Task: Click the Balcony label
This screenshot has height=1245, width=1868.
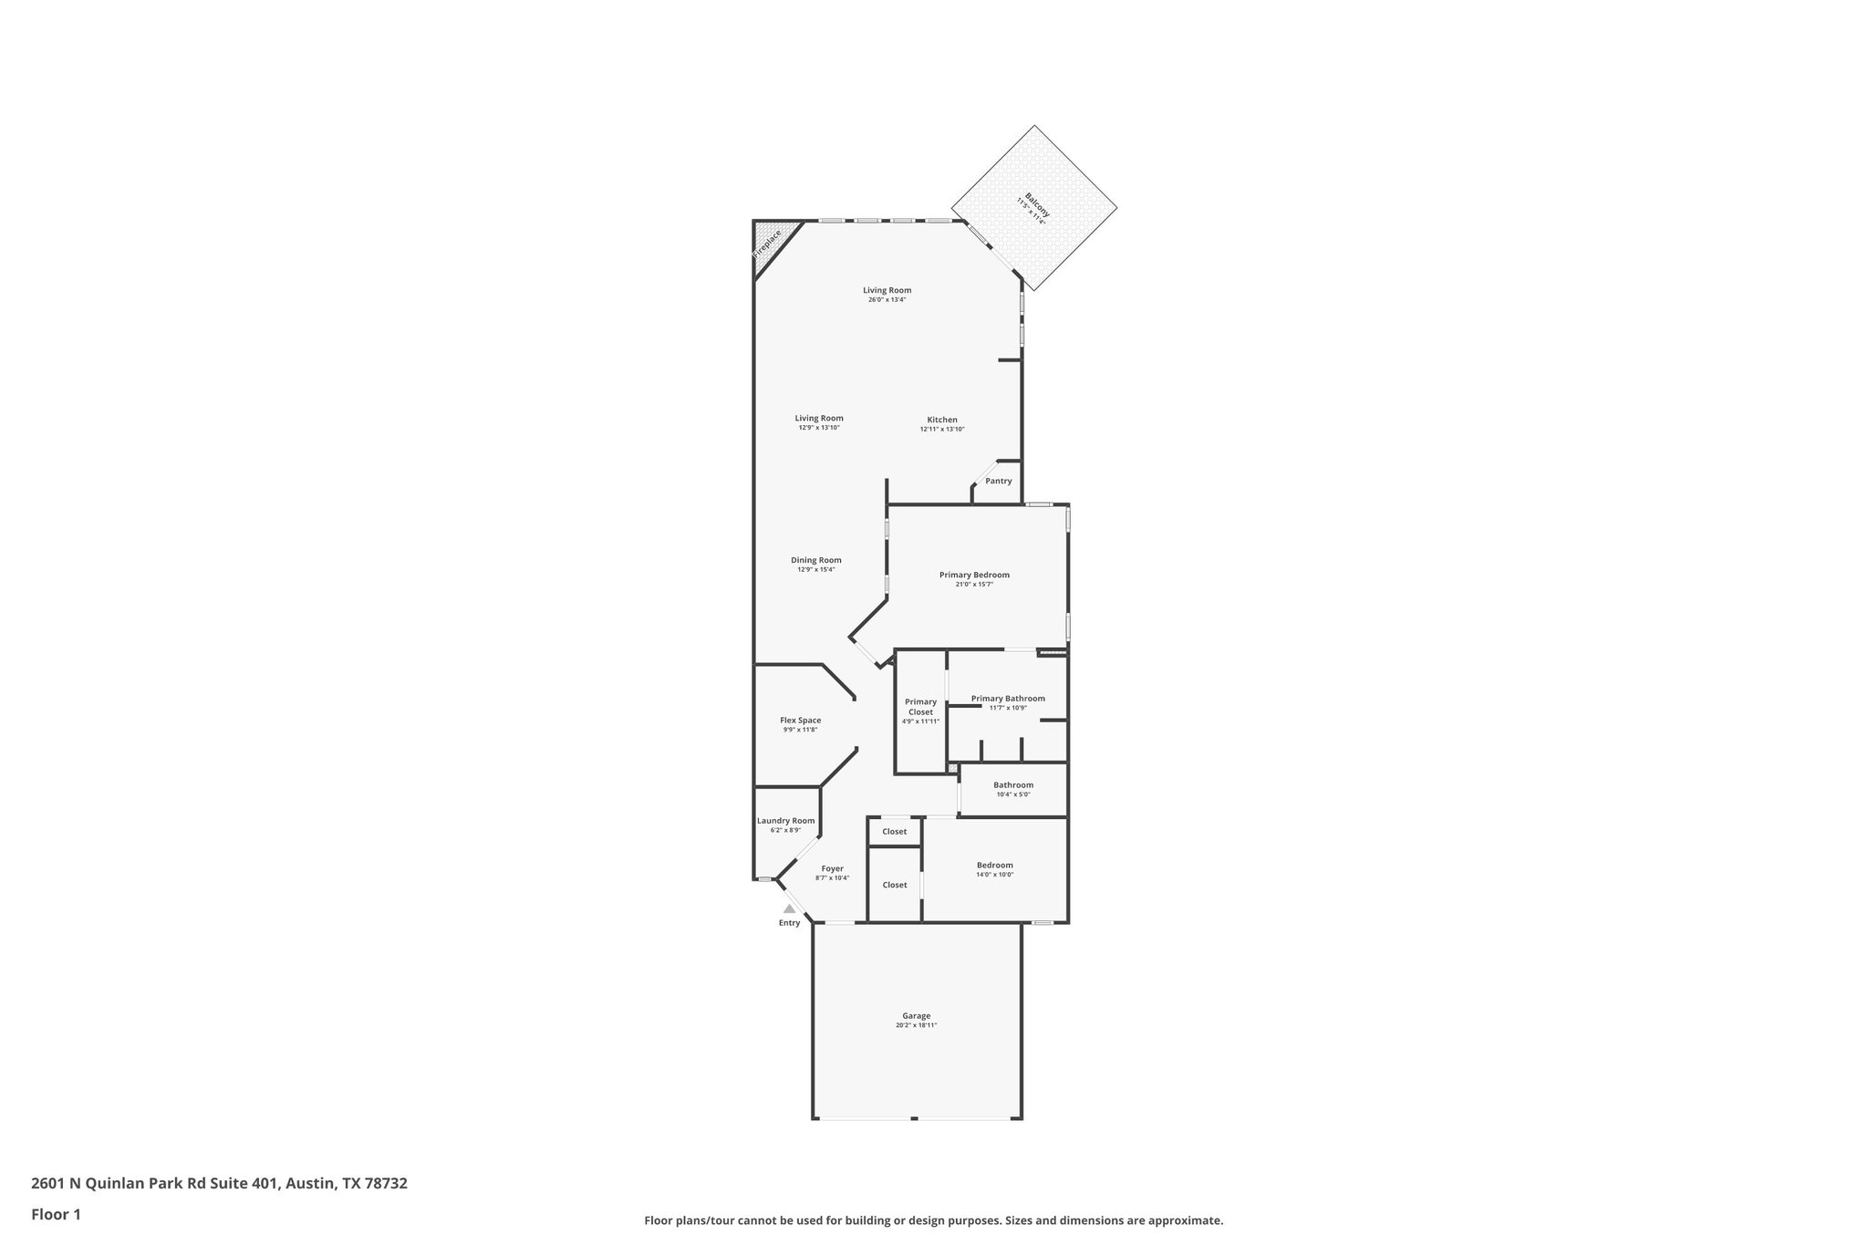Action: tap(1037, 204)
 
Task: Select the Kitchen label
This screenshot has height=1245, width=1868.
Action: tap(942, 420)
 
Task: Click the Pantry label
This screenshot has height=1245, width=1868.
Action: tap(998, 481)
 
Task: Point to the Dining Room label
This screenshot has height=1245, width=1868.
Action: tap(815, 560)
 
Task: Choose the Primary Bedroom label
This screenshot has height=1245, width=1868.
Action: tap(974, 575)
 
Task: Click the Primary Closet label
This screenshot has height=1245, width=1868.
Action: tap(920, 706)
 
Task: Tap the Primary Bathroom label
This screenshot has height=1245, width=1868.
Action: tap(1007, 699)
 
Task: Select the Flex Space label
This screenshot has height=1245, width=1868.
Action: tap(800, 720)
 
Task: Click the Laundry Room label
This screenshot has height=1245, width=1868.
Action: tap(785, 820)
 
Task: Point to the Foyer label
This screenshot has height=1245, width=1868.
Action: tap(832, 868)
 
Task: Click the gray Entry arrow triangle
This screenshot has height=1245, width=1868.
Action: tap(789, 908)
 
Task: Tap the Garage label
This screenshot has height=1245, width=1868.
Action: tap(916, 1015)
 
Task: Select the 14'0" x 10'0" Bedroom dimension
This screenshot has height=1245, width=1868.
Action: tap(994, 875)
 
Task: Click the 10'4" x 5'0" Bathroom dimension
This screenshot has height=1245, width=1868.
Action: tap(1012, 794)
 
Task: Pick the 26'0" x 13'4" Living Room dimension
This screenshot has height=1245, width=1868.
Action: tap(887, 300)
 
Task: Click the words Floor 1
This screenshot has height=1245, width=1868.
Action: tap(56, 1214)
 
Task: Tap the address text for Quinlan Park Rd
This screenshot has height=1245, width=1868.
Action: tap(219, 1183)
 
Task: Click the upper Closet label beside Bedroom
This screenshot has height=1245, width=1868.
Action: tap(894, 831)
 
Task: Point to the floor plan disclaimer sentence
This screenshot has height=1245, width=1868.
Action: tap(933, 1220)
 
